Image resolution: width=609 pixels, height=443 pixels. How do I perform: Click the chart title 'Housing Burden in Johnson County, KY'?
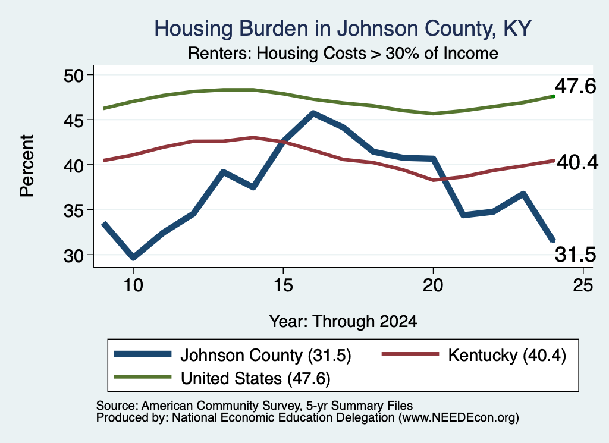(343, 29)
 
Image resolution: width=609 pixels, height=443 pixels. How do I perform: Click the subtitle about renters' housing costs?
(343, 53)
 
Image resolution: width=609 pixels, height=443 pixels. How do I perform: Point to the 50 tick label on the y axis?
(73, 75)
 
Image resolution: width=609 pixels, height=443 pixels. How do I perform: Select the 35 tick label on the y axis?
(73, 210)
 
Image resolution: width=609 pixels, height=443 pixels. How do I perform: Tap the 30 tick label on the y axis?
(73, 255)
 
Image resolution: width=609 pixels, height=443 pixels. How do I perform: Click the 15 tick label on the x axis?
(282, 285)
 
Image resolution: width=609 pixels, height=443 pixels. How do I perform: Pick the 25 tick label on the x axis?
(583, 285)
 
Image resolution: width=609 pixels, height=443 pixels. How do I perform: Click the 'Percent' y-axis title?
(27, 166)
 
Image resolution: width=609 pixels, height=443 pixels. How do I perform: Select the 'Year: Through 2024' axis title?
(343, 321)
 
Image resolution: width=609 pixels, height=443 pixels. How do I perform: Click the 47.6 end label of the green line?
(575, 86)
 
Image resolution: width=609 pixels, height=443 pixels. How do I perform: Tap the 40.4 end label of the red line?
(577, 162)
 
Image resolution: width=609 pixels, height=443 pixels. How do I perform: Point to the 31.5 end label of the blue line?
(575, 255)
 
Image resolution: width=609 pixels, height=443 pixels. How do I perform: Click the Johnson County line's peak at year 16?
(313, 114)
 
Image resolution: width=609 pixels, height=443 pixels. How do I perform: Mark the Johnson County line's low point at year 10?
(133, 257)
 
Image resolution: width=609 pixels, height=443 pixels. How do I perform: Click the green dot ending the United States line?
(553, 96)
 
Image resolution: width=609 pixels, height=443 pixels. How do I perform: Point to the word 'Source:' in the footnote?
(117, 406)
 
